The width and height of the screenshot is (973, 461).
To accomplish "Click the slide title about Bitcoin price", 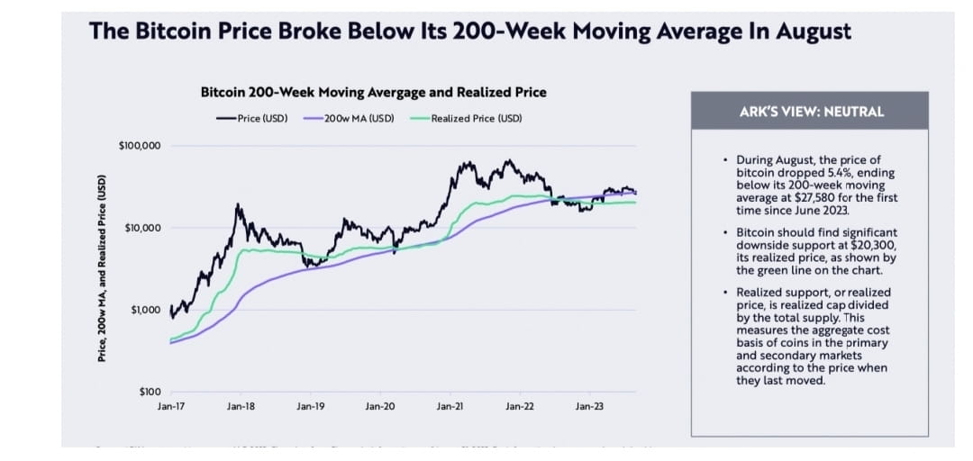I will coord(469,32).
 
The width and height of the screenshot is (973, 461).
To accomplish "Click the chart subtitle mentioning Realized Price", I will coord(373,92).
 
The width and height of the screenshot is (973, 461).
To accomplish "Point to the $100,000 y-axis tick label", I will coord(140,146).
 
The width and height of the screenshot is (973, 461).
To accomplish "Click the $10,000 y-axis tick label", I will coord(142,228).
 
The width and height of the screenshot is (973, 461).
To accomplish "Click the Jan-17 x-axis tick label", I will coord(171,407).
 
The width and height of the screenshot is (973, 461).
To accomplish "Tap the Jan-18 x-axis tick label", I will coord(241,407).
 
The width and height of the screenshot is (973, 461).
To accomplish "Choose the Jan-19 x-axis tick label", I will coord(311,407).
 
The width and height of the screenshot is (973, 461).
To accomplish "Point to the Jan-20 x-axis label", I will coord(380,407).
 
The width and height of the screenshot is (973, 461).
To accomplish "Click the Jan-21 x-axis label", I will coord(450,407).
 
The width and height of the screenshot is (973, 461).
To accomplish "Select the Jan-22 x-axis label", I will coord(520,407).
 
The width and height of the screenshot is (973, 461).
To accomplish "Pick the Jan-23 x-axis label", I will coord(589,407).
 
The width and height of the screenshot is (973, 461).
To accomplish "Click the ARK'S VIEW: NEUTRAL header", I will coord(811,112).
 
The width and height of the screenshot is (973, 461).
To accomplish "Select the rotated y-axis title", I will coord(102,268).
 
